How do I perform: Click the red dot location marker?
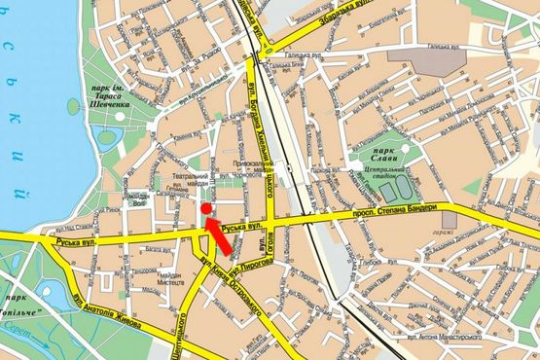click(x=205, y=208)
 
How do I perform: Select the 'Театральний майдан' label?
click(x=192, y=179)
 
